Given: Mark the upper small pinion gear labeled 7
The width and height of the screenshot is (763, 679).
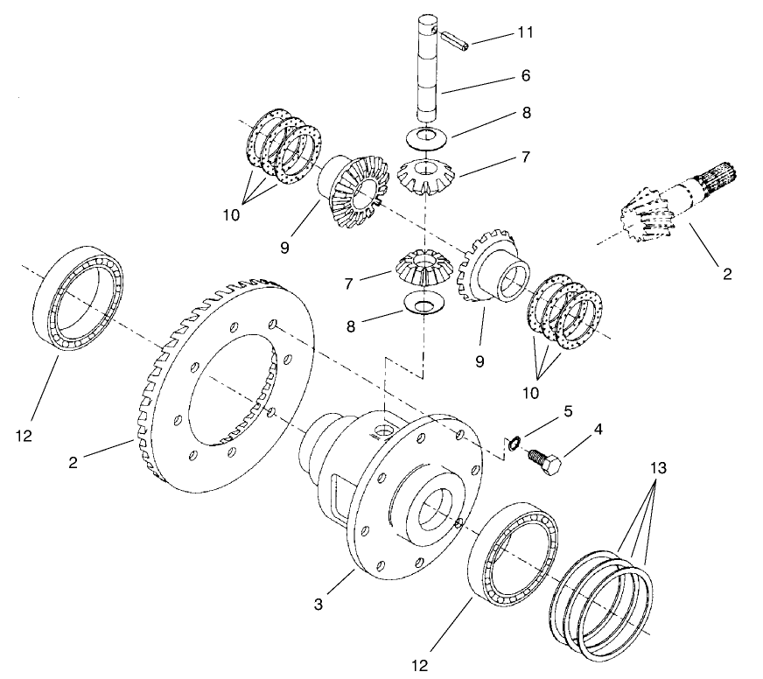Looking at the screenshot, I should tap(426, 176).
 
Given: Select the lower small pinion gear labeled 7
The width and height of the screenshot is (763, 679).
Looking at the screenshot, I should tap(423, 267).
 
